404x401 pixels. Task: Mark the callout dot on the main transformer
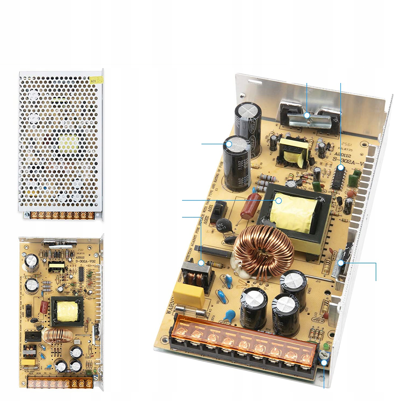coord(279,200)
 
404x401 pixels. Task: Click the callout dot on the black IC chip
coord(341,168)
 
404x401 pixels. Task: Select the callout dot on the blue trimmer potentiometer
coord(324,363)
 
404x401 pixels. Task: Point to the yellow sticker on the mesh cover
coord(97,79)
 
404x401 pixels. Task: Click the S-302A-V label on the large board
coord(349,159)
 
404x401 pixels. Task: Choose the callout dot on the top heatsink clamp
coord(307,115)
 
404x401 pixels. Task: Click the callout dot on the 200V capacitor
coord(229,144)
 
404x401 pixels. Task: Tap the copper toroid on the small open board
coord(59,335)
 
